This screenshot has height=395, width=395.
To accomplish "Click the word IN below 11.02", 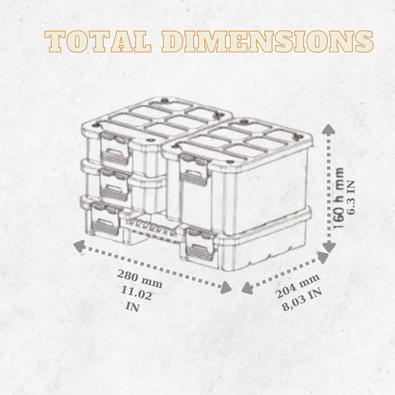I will (132, 307).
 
